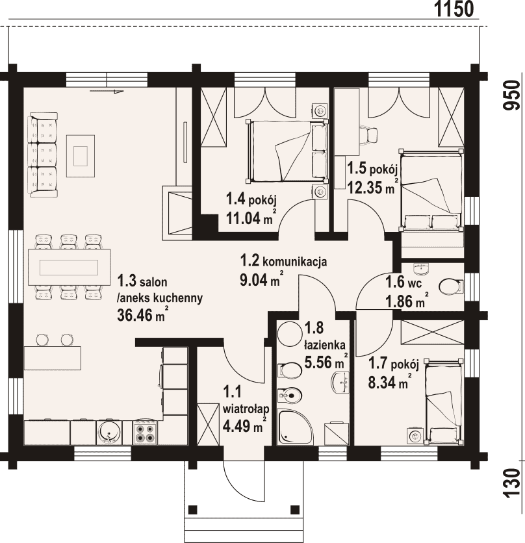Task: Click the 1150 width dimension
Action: point(454,9)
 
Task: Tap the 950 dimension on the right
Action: point(512,95)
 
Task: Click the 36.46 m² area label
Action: point(143,314)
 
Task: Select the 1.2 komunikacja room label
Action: point(283,260)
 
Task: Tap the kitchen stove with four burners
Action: point(144,432)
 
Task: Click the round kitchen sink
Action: point(110,432)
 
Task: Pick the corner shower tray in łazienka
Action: point(294,427)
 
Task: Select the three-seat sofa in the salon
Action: point(44,155)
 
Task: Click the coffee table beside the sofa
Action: point(81,156)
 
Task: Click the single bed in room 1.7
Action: point(444,401)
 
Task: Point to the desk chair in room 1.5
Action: point(368,134)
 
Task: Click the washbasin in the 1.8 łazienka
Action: point(341,383)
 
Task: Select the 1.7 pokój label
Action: point(394,364)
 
